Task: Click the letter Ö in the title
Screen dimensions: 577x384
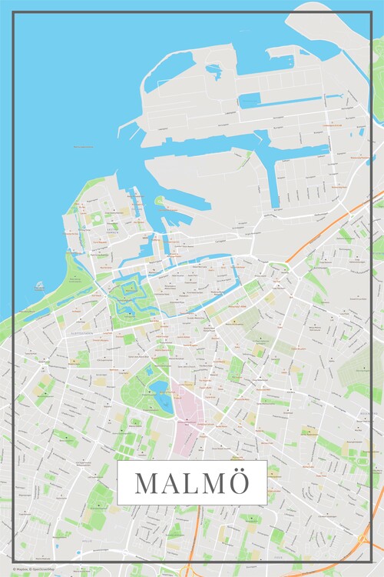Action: tap(240, 483)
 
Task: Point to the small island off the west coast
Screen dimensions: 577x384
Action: tap(39, 286)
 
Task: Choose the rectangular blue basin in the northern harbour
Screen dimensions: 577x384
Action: tap(250, 100)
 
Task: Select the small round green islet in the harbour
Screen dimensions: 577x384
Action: tap(160, 202)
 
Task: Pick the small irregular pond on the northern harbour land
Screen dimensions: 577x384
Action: tap(214, 72)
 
